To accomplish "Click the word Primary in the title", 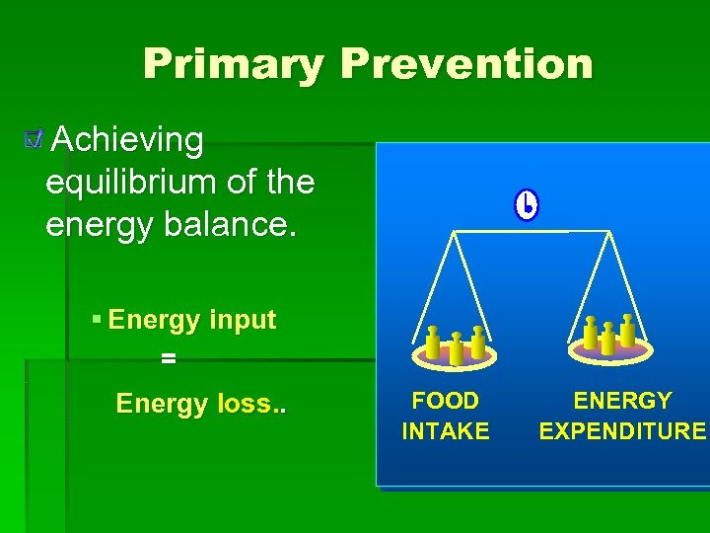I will tap(233, 65).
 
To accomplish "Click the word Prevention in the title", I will tap(466, 65).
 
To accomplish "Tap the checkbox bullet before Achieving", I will tap(35, 141).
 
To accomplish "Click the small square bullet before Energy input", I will tap(96, 320).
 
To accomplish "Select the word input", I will tap(243, 321).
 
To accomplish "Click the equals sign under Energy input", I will tap(168, 359).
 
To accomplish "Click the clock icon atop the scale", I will tap(527, 205).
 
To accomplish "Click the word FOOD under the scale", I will tap(445, 401).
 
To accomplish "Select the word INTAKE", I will tap(445, 431).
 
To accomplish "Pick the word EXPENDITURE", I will tap(622, 431).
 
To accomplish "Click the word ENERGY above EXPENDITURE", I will tap(622, 401).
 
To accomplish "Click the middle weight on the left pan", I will tap(456, 347).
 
